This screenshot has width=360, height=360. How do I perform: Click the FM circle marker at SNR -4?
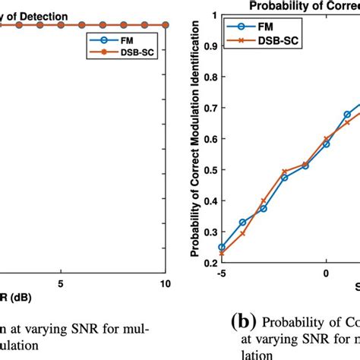pyautogui.click(x=242, y=223)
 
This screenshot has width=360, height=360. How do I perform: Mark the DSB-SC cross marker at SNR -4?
pyautogui.click(x=242, y=233)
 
